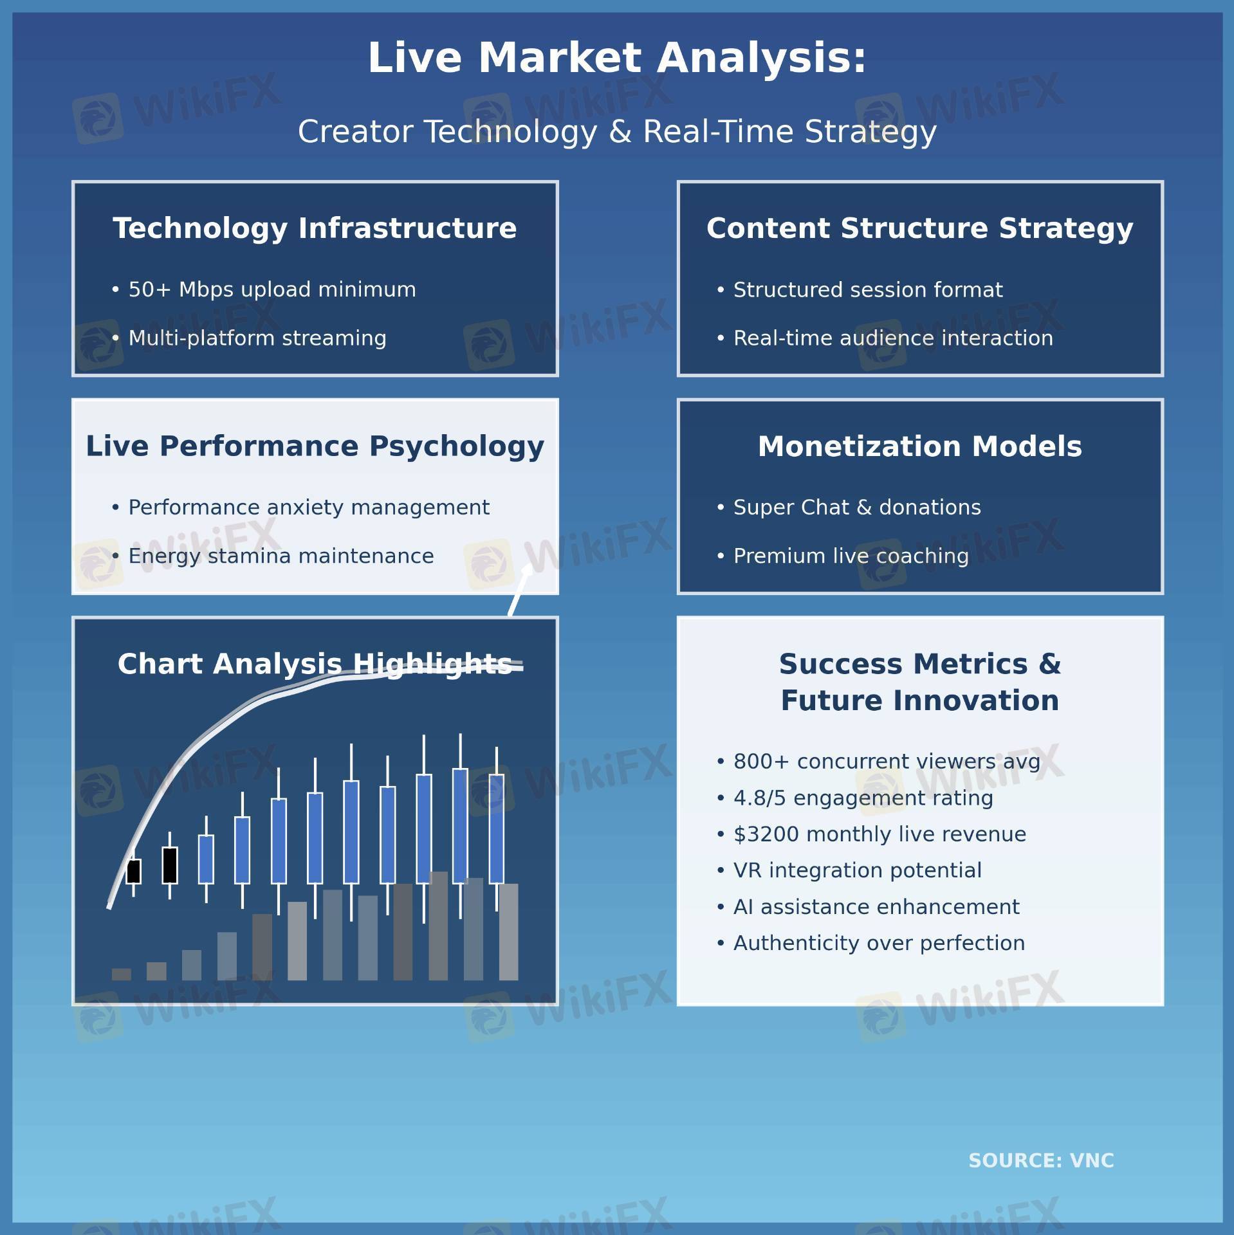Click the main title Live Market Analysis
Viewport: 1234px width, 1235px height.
tap(617, 58)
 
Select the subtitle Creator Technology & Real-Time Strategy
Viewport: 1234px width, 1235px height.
tap(617, 132)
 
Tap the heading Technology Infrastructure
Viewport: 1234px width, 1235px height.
tap(315, 228)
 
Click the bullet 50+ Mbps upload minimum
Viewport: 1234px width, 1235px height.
tap(264, 289)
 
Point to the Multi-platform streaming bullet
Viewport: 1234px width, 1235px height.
tap(249, 338)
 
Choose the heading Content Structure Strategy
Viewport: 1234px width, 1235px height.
tap(920, 228)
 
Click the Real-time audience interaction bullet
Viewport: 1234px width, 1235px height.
tap(885, 338)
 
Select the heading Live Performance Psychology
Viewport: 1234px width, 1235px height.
tap(315, 446)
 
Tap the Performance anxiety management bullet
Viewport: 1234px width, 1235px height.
tap(300, 508)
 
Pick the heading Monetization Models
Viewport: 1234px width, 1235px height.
tap(920, 446)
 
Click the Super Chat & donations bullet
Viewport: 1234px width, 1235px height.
tap(849, 508)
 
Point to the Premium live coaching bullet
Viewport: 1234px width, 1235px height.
tap(842, 556)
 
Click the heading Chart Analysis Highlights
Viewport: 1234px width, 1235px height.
tap(315, 664)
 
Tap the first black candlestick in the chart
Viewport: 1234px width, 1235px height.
tap(134, 871)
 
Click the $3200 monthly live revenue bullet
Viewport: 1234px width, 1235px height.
tap(871, 834)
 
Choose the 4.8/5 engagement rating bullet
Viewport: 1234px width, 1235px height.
tap(855, 798)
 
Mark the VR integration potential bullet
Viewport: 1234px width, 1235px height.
tap(849, 870)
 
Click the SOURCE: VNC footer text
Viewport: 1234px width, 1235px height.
tap(1041, 1160)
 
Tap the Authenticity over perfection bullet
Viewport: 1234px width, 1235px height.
tap(870, 943)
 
